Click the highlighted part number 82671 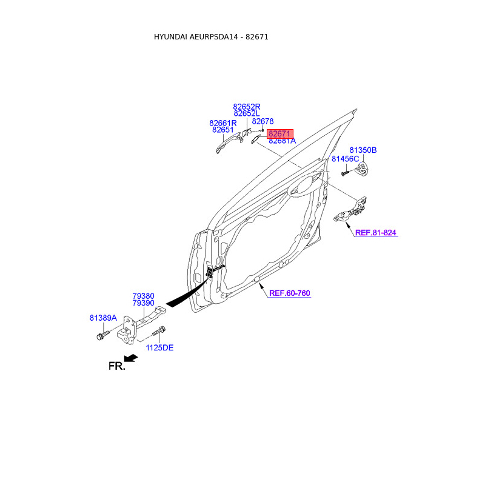click(x=280, y=133)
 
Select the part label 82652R click(x=247, y=106)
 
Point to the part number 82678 click(x=263, y=122)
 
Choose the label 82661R click(x=223, y=122)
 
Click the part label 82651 click(x=223, y=130)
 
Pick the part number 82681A click(x=282, y=141)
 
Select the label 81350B click(x=363, y=150)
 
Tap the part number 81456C click(x=345, y=159)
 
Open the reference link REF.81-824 click(x=376, y=232)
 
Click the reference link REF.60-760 click(x=289, y=293)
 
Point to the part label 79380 click(x=144, y=296)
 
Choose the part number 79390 click(x=144, y=303)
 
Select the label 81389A click(x=103, y=318)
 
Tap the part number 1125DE click(x=159, y=347)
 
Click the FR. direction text click(x=116, y=366)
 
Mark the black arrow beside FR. click(x=130, y=358)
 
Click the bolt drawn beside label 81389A click(x=101, y=334)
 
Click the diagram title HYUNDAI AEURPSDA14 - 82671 click(x=211, y=37)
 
